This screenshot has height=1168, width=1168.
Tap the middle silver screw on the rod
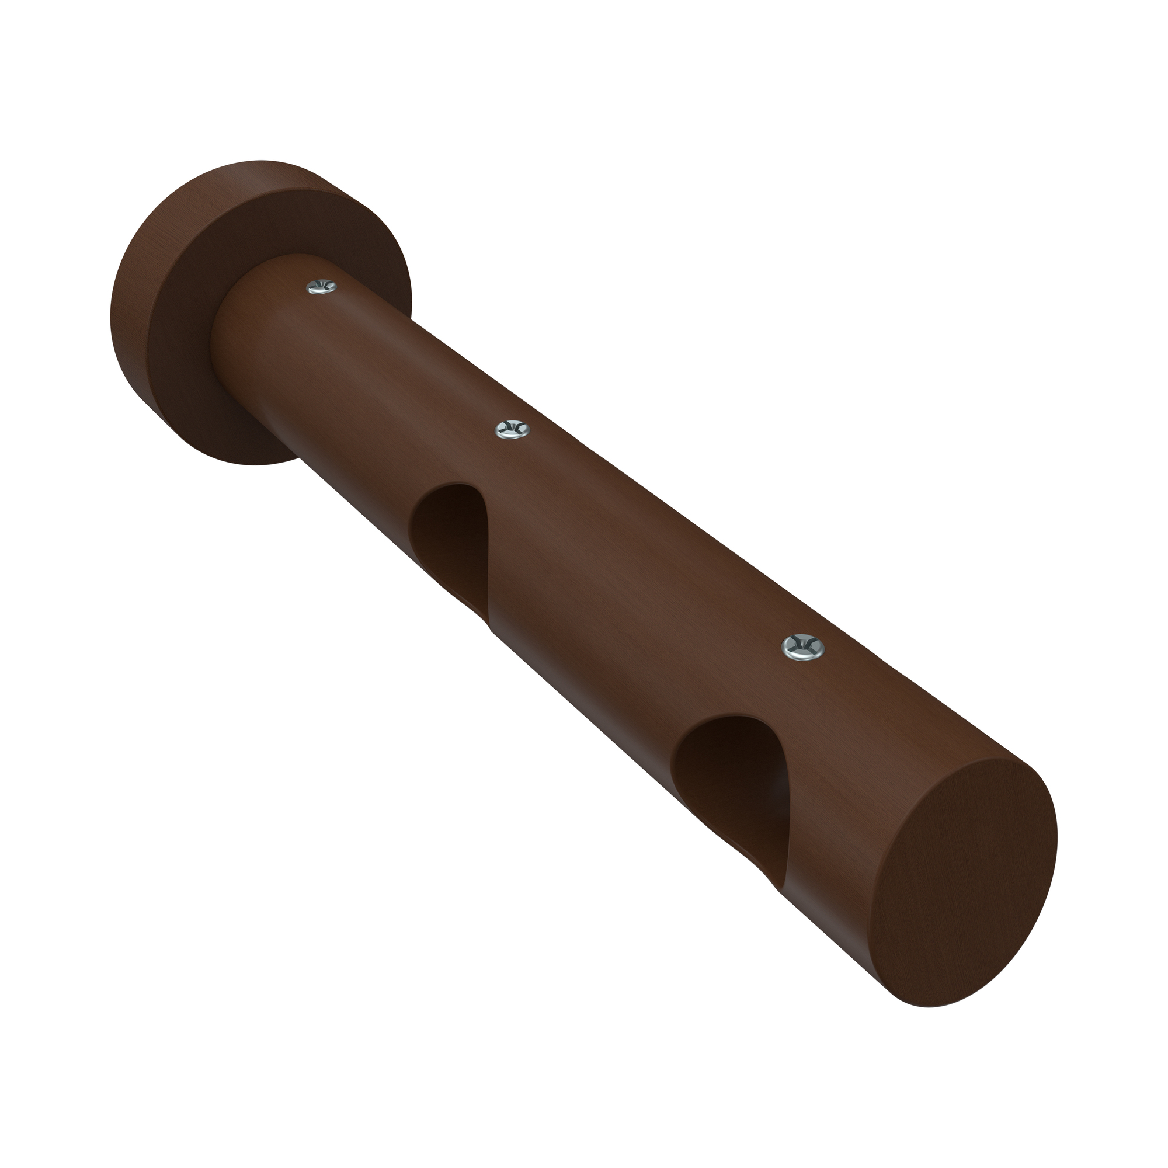tap(512, 429)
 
